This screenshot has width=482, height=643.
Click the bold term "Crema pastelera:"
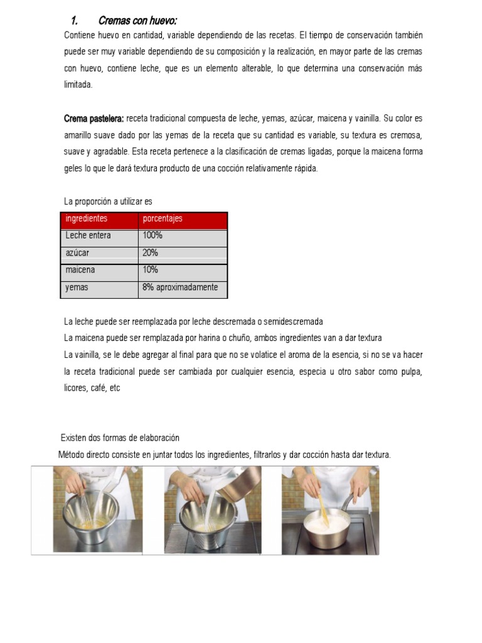pyautogui.click(x=94, y=119)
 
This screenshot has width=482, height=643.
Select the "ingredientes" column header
pyautogui.click(x=87, y=219)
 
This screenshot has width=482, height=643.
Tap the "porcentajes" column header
pyautogui.click(x=163, y=219)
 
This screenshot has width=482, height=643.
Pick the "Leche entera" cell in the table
pyautogui.click(x=88, y=236)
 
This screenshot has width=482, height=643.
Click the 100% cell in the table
pyautogui.click(x=153, y=236)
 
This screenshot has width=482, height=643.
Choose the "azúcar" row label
pyautogui.click(x=78, y=253)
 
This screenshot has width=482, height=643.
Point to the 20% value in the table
pyautogui.click(x=151, y=253)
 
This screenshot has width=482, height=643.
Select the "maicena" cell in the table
pyautogui.click(x=81, y=270)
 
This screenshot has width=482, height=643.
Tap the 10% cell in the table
pyautogui.click(x=151, y=270)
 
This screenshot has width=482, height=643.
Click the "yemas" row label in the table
pyautogui.click(x=77, y=288)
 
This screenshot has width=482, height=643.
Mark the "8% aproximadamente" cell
pyautogui.click(x=180, y=288)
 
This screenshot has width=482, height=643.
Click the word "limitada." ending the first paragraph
pyautogui.click(x=78, y=85)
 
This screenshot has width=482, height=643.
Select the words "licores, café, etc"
pyautogui.click(x=92, y=388)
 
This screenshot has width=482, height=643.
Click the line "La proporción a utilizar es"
pyautogui.click(x=108, y=202)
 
